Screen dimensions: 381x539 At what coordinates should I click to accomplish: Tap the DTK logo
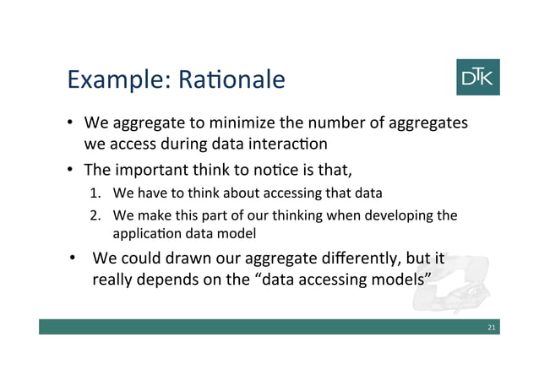[x=477, y=77]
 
